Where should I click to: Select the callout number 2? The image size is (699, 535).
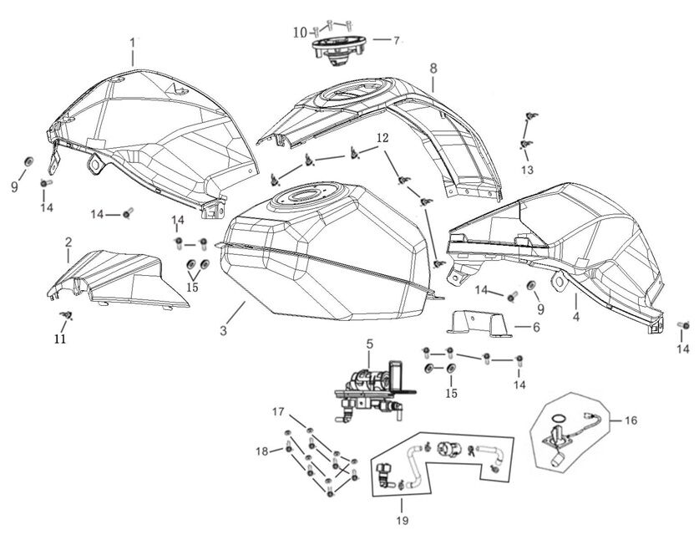tap(68, 242)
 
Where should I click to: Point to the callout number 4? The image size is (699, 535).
tap(576, 318)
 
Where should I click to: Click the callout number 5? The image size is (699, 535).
tap(368, 344)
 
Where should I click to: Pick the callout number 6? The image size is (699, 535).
tap(536, 327)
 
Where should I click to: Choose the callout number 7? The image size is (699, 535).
tap(397, 39)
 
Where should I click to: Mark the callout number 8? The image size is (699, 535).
tap(433, 66)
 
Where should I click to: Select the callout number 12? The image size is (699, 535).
tap(382, 137)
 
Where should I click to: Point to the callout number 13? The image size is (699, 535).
tap(526, 170)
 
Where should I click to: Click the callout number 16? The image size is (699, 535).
tap(630, 420)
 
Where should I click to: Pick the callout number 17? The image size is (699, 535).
tap(278, 411)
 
